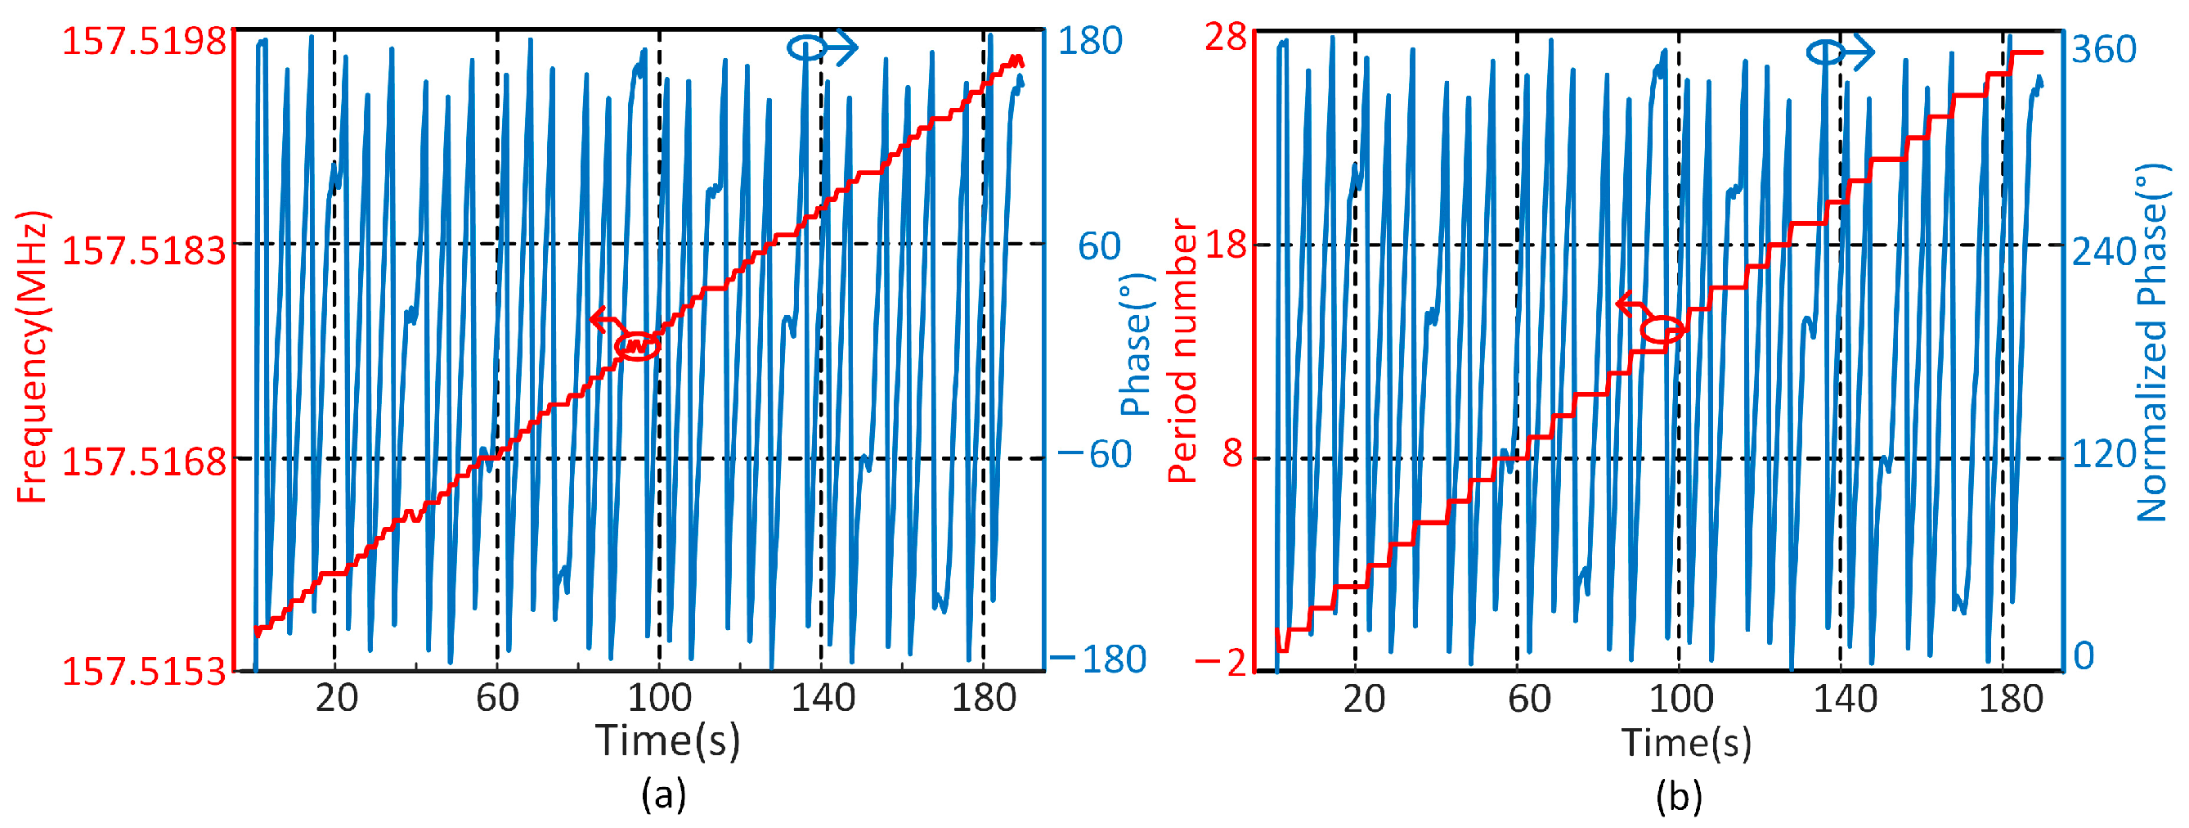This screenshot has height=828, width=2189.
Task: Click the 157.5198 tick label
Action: coord(144,41)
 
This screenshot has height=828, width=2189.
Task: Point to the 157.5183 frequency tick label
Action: coord(144,251)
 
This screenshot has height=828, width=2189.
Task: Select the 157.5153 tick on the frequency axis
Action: coord(144,672)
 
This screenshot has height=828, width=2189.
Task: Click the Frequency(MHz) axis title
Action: coord(32,357)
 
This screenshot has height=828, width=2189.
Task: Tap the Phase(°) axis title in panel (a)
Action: coord(1135,344)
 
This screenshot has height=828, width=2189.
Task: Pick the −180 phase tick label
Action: coord(1100,659)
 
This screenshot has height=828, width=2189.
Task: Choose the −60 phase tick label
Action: coord(1096,454)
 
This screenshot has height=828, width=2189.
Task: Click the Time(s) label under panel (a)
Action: coord(667,740)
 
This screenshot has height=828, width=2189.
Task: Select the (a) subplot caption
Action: coord(664,794)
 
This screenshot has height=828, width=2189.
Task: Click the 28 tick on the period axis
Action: coord(1226,38)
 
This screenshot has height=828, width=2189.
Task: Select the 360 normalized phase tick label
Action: coord(2103,49)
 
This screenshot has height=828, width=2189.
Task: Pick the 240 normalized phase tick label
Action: coord(2103,252)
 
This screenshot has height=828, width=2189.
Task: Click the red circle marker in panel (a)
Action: coord(637,346)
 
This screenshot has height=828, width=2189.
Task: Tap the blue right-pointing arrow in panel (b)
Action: coord(1857,52)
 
